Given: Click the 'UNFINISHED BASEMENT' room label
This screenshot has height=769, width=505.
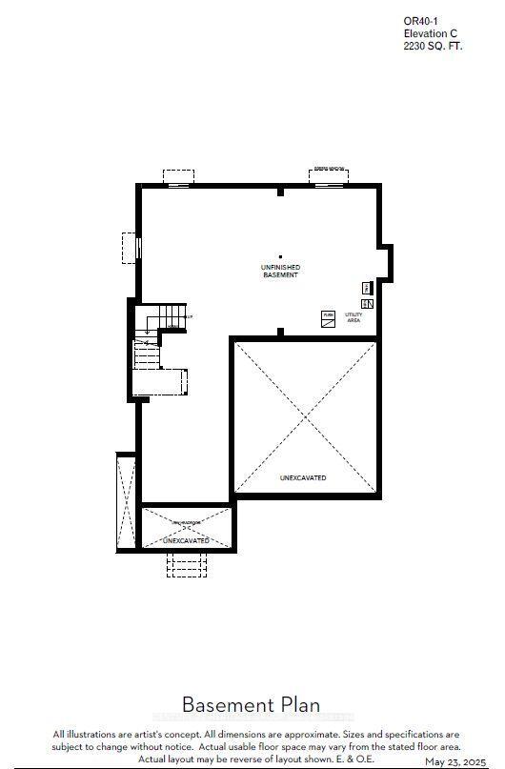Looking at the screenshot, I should click(x=280, y=271).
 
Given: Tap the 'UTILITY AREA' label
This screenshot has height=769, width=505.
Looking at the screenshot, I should click(x=353, y=317).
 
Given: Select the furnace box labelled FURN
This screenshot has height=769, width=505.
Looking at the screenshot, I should click(x=328, y=319).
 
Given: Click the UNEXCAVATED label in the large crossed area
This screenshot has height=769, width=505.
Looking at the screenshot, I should click(x=303, y=477).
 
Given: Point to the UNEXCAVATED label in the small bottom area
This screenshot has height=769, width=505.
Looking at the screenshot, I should click(x=186, y=540).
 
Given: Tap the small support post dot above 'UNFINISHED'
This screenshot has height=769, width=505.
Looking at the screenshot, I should click(x=280, y=255).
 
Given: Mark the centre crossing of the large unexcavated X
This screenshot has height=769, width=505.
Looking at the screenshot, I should click(x=306, y=416).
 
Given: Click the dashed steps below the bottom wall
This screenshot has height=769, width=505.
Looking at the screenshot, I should click(x=186, y=564).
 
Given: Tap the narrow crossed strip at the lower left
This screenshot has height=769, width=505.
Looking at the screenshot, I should click(x=126, y=502).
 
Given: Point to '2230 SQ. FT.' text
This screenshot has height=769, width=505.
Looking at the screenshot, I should click(x=433, y=45).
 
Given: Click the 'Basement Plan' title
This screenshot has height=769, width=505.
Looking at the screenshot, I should click(x=251, y=705).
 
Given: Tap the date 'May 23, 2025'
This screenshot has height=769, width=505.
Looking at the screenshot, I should click(x=455, y=762).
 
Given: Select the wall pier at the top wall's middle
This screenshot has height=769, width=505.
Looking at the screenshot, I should click(x=280, y=192).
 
